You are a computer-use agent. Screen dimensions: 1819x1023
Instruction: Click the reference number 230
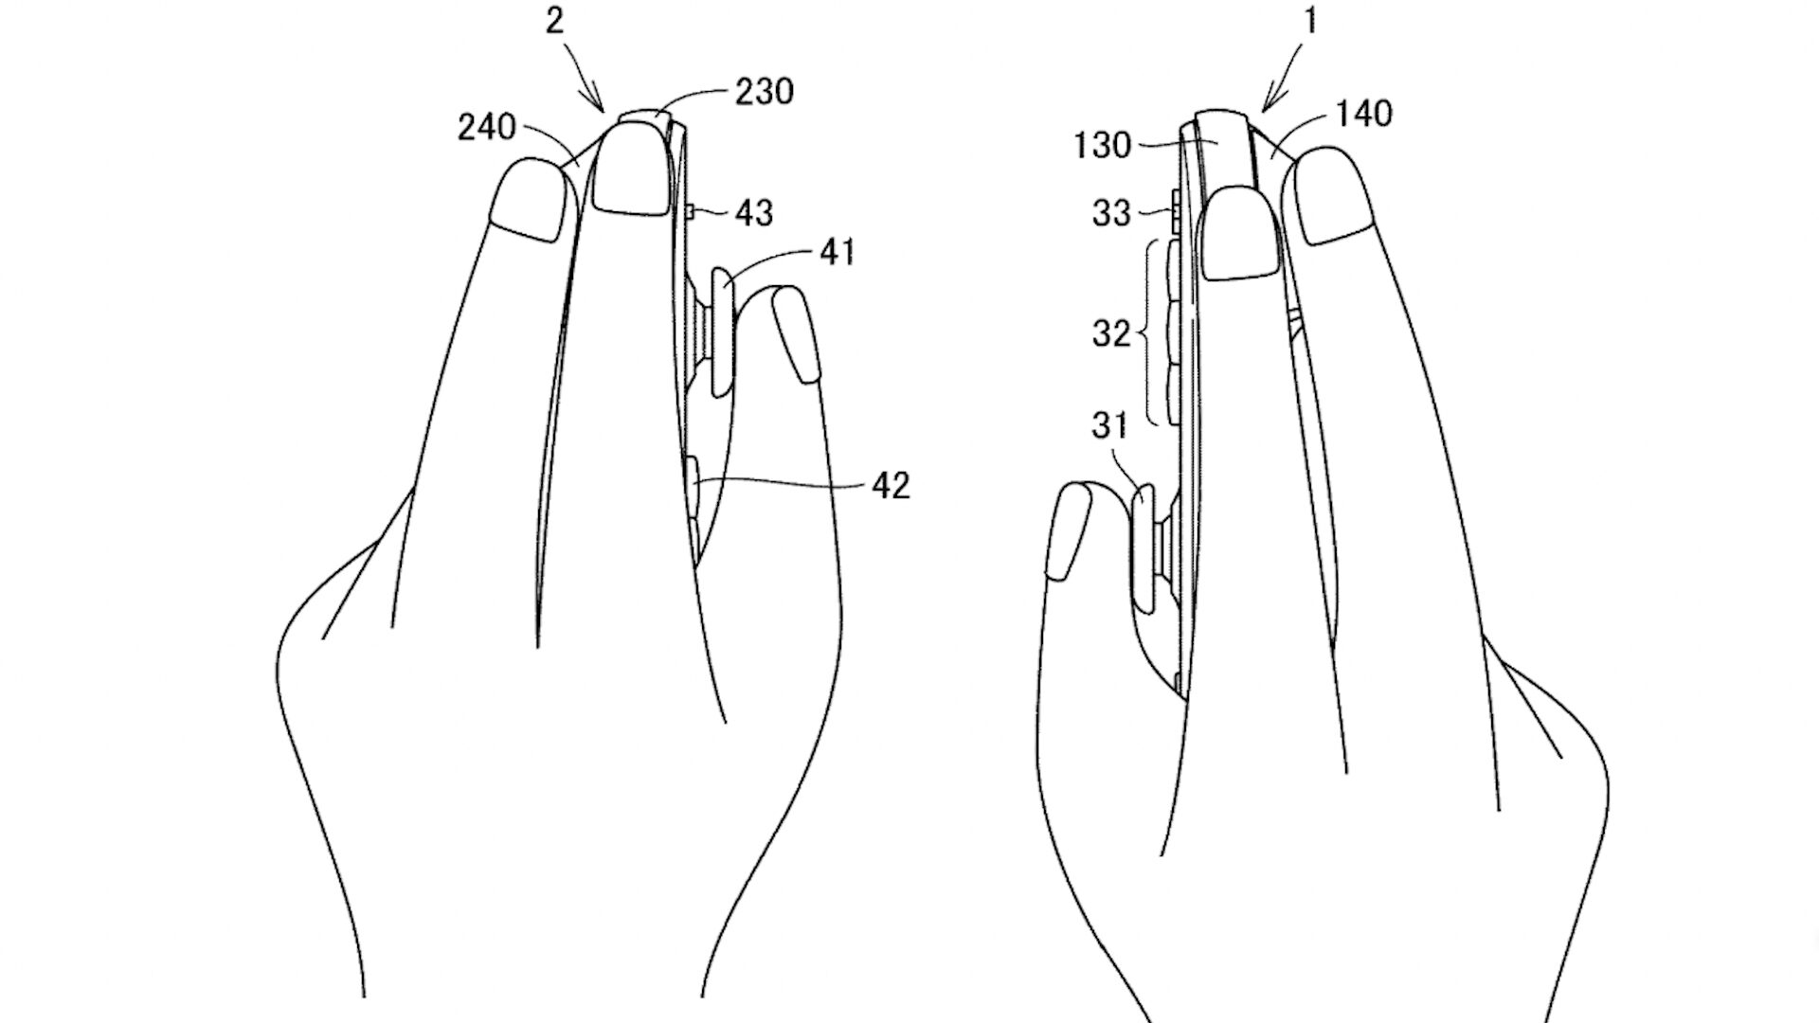point(764,92)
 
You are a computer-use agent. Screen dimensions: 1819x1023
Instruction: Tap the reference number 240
point(487,127)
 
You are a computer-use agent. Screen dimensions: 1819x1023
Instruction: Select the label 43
point(754,213)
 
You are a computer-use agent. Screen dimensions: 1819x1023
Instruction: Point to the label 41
point(837,253)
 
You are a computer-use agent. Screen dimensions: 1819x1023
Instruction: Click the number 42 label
point(890,485)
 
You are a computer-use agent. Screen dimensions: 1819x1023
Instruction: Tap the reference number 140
point(1364,114)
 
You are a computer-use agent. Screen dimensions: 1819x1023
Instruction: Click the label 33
point(1111,213)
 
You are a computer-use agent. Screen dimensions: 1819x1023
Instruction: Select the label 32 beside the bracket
point(1111,333)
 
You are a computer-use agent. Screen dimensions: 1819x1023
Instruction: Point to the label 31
point(1109,426)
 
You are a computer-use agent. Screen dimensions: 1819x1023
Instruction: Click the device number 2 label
point(555,21)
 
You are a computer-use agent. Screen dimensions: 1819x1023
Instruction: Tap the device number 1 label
point(1311,21)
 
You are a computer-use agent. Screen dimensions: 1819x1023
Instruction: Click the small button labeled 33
point(1176,211)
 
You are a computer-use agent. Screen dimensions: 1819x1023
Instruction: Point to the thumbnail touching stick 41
point(795,336)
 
